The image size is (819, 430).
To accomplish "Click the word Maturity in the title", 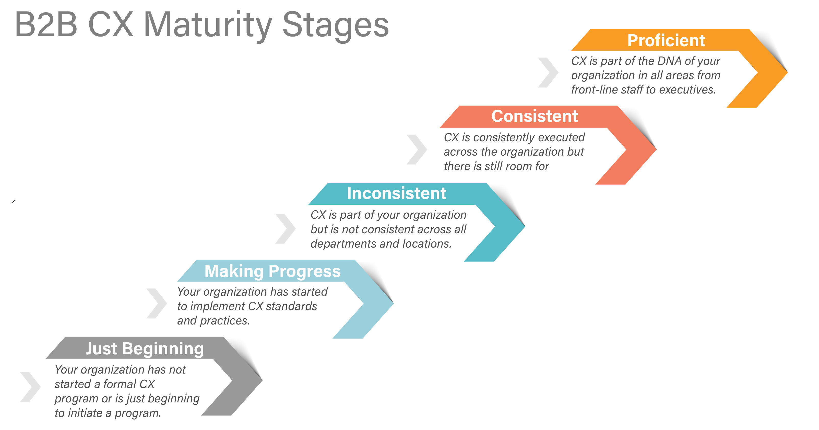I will click(208, 25).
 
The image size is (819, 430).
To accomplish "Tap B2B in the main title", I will click(46, 25).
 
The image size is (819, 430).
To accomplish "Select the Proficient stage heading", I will click(666, 40).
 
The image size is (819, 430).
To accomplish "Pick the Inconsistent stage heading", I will click(396, 193).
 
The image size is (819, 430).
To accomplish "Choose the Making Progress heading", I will click(272, 271).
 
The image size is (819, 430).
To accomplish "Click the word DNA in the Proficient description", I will click(669, 61).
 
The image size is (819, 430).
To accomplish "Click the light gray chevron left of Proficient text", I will click(548, 73).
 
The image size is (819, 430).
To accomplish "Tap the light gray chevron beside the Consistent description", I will click(417, 149).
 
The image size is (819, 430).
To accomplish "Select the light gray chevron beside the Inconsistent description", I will click(285, 228).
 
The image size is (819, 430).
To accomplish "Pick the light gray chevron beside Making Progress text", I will click(157, 304).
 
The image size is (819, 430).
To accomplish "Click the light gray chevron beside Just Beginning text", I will click(30, 387).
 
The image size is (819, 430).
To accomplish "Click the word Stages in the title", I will click(335, 25).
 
